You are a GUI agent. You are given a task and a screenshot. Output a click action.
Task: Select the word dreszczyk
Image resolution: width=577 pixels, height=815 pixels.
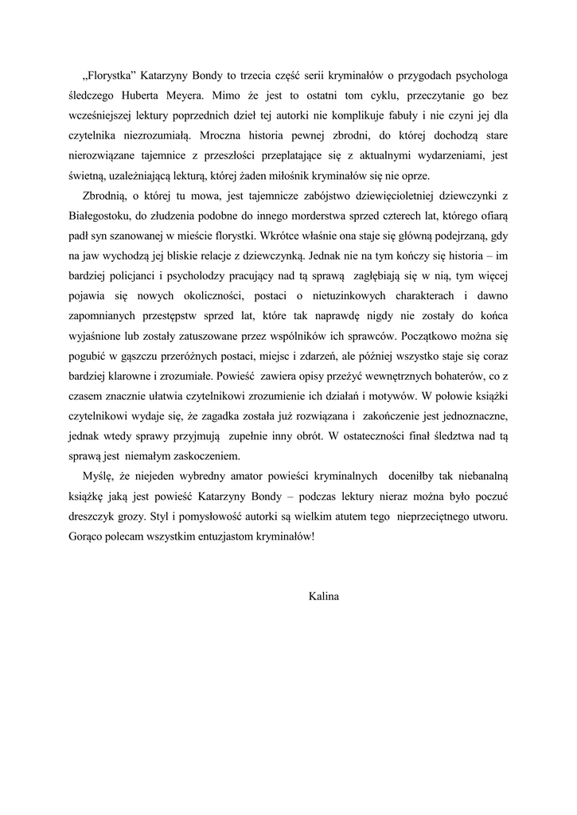[94, 515]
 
